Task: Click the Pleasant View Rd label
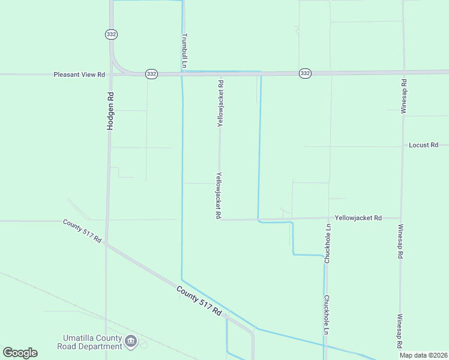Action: point(79,75)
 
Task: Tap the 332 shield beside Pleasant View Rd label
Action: point(151,74)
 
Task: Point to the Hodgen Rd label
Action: point(110,111)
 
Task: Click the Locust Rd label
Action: point(424,145)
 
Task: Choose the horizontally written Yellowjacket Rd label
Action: point(358,218)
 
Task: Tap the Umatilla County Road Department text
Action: point(89,342)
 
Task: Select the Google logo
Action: point(20,353)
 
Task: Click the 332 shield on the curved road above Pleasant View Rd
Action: point(111,34)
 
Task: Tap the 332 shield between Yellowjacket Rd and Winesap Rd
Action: point(305,73)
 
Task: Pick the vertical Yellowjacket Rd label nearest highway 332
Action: point(220,103)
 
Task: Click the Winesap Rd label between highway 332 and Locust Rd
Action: point(404,96)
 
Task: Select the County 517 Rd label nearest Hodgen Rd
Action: point(82,230)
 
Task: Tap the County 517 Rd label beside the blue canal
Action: point(199,301)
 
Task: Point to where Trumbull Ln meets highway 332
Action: point(182,73)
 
